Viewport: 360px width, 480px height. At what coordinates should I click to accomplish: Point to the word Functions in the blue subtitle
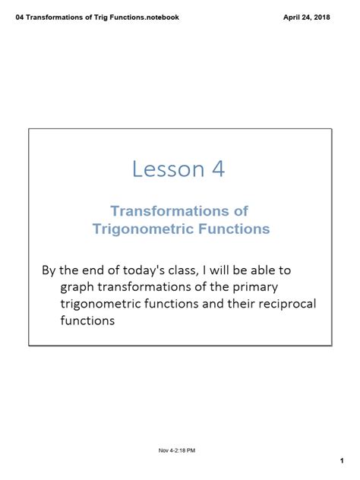click(x=236, y=228)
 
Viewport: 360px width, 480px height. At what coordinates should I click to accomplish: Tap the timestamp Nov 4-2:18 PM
click(x=177, y=430)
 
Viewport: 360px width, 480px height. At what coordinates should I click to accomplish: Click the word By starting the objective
click(x=49, y=270)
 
